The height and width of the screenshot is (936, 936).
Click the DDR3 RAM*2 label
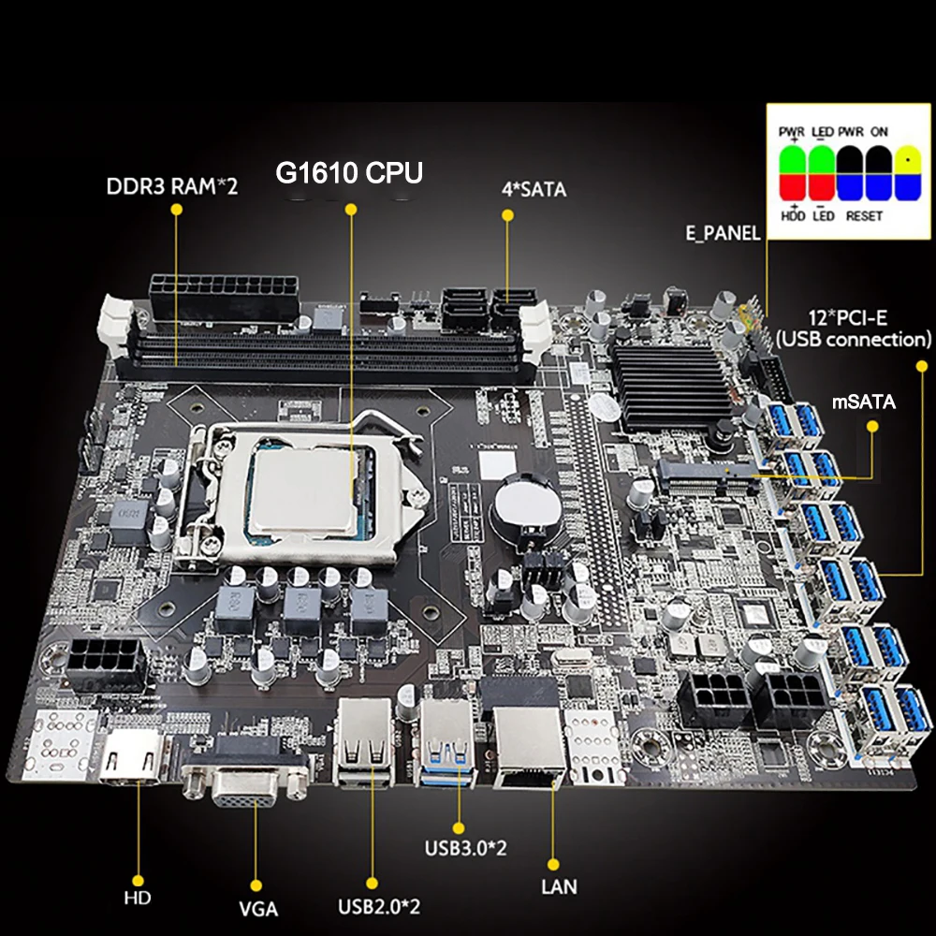tap(172, 185)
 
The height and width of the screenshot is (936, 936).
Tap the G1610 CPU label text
tap(348, 173)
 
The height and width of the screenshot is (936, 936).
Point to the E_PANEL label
tap(723, 233)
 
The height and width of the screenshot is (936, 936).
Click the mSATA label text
tap(865, 403)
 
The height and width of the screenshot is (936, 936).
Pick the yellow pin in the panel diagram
tap(906, 159)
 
